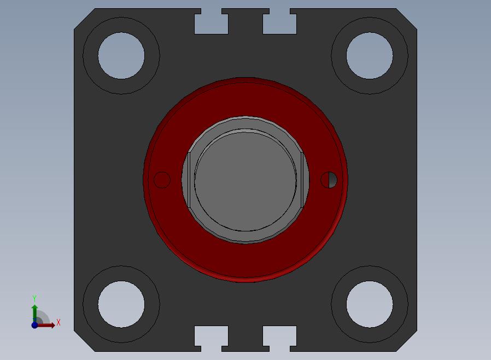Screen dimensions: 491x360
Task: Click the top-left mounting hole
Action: tap(121, 55)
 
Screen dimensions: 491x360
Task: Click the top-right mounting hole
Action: tap(370, 55)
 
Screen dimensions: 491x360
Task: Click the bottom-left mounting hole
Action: tap(121, 304)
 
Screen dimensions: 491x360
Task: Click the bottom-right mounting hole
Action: tap(370, 304)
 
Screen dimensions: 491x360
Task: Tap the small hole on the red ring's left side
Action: tap(162, 179)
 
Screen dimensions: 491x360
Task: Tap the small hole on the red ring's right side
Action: tap(329, 179)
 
